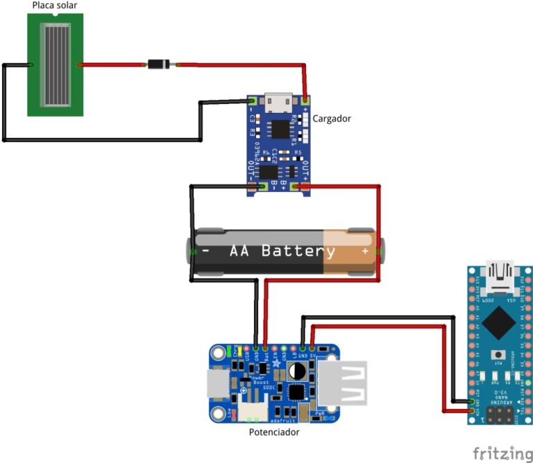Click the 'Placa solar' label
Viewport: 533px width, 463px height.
(x=55, y=6)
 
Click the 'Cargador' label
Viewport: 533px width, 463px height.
(x=331, y=119)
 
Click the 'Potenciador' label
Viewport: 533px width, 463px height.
(x=274, y=432)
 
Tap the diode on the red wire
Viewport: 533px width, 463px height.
(x=158, y=65)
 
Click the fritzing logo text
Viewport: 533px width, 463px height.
(x=503, y=453)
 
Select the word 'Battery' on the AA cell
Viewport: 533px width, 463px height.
(x=298, y=251)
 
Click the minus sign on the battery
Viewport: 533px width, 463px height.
(x=206, y=251)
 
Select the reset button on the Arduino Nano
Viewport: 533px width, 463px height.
(x=498, y=354)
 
